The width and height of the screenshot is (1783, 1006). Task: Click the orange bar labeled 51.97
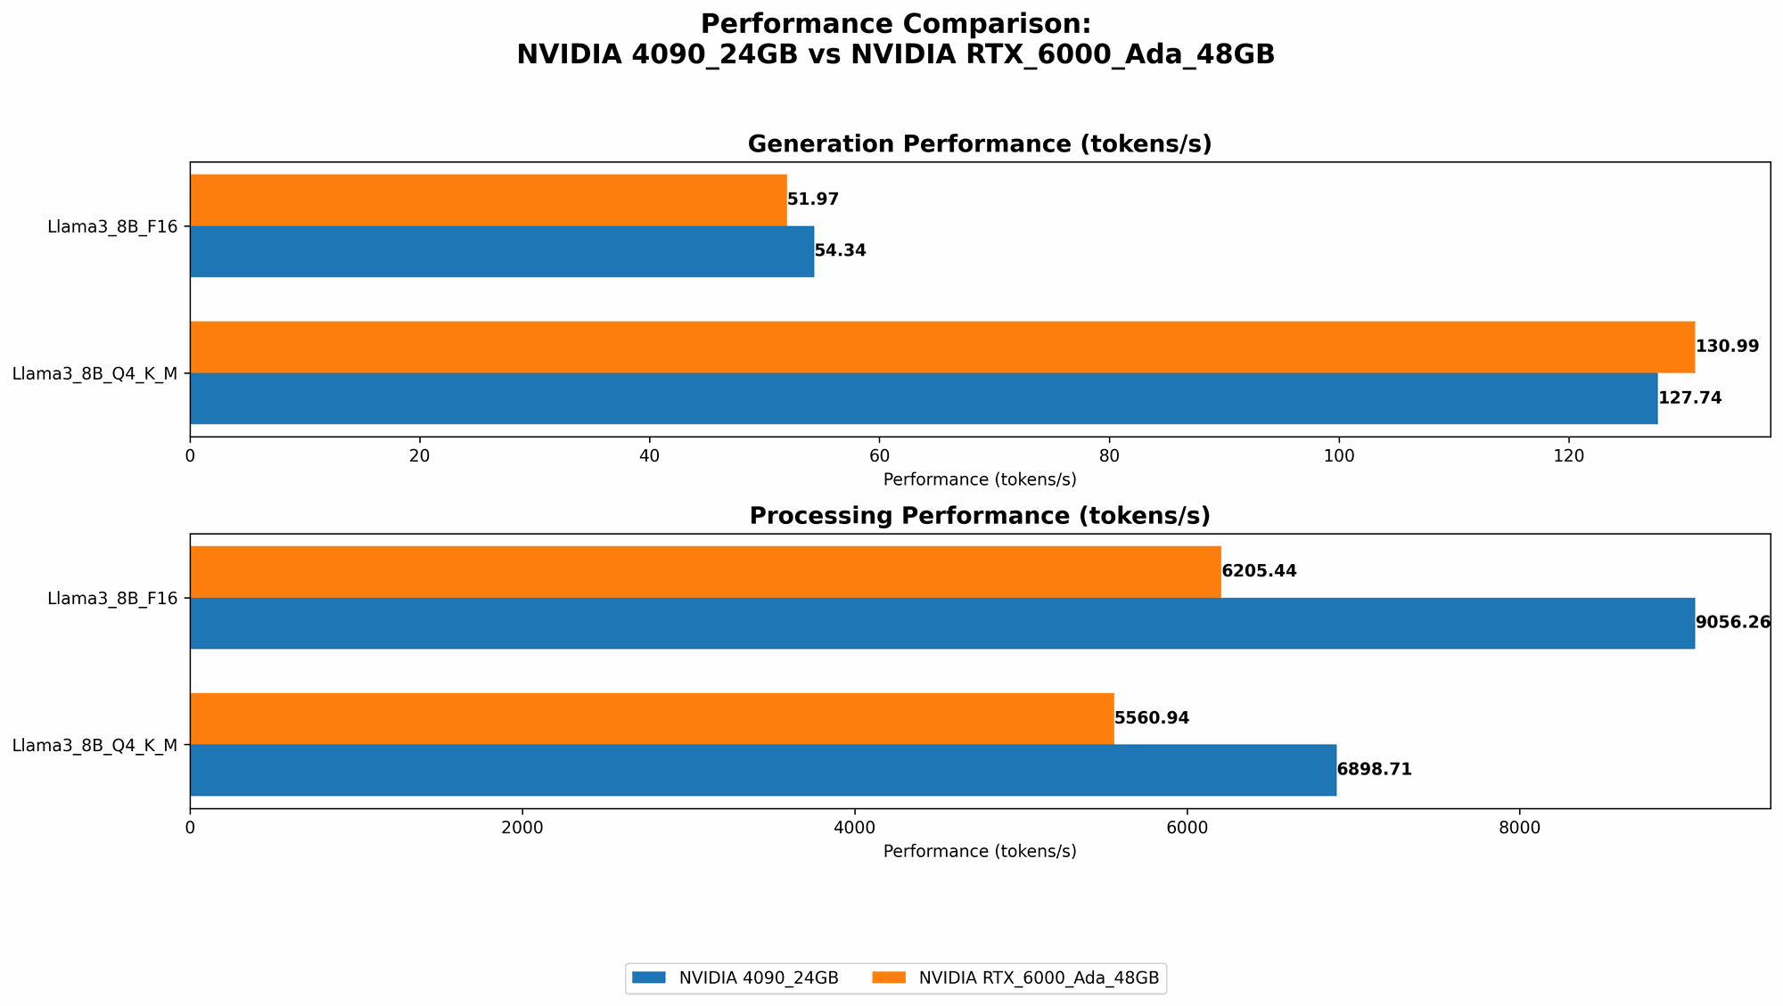488,200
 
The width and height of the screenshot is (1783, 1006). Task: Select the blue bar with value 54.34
502,251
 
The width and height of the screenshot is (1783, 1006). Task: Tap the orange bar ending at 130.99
941,347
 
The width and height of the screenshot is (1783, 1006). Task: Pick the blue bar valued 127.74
924,398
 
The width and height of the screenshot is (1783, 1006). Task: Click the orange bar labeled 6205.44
705,571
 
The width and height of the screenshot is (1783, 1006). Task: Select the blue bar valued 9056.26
941,623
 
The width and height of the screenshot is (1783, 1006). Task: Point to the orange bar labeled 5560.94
652,718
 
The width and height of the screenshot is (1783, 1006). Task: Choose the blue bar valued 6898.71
763,770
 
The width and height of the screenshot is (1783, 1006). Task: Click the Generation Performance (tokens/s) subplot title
979,144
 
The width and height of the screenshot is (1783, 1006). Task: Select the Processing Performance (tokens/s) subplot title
979,516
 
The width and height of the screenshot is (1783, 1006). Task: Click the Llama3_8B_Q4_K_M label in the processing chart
94,745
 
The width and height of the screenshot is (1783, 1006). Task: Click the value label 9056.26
1732,623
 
